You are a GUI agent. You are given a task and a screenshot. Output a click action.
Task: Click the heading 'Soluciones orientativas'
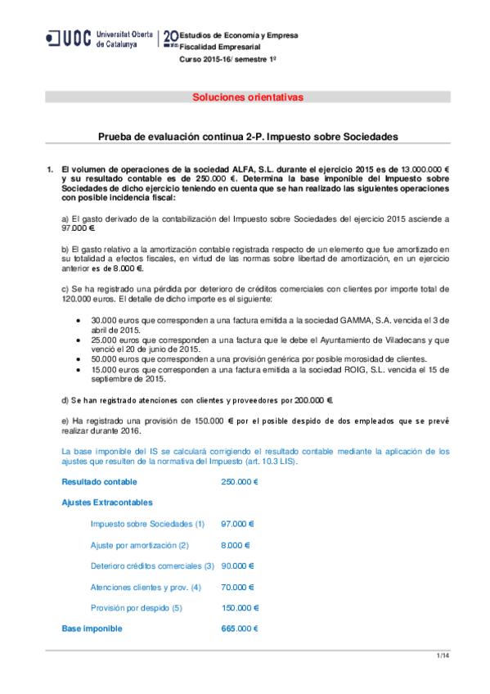pos(247,97)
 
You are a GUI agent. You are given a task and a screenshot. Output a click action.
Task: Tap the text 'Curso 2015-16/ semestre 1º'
pos(227,60)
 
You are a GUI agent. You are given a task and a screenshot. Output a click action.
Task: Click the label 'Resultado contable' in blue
pos(99,482)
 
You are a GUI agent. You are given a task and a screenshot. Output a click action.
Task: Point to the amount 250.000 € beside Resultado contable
pos(240,482)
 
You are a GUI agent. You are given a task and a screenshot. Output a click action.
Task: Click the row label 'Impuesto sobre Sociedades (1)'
pos(147,524)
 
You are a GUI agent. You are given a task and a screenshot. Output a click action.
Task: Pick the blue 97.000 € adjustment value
pos(238,524)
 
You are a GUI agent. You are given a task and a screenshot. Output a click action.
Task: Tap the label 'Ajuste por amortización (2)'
pos(140,545)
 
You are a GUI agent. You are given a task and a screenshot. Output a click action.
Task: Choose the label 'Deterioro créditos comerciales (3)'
pos(152,566)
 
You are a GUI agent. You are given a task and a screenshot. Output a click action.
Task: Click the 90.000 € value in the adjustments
pos(238,566)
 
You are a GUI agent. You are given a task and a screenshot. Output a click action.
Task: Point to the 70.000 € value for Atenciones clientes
pos(238,587)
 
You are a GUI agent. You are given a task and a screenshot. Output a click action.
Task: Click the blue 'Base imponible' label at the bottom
pos(92,629)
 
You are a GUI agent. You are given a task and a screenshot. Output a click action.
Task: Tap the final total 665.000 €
pos(240,629)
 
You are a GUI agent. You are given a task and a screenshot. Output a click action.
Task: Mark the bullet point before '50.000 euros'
pos(77,359)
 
